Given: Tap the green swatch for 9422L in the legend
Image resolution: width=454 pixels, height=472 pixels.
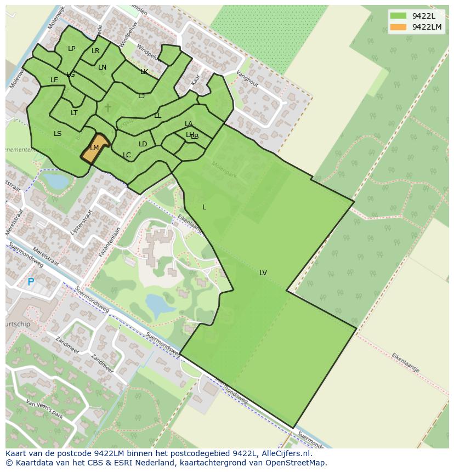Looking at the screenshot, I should coord(398,16).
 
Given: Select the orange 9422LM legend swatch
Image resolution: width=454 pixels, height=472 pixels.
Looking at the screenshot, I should coord(398,27).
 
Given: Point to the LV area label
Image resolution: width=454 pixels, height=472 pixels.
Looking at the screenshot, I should coord(263,273).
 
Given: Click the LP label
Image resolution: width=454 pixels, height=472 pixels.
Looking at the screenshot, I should coord(72,49).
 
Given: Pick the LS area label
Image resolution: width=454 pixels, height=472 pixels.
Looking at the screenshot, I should coord(58,133).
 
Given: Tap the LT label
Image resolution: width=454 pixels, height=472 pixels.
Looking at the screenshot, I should coord(74,113).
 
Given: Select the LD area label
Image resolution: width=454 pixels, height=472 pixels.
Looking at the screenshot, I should coord(143,144).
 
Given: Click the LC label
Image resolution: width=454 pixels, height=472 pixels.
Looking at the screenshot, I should coord(127,155).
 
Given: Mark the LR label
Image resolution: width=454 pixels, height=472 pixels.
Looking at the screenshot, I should coord(95,51).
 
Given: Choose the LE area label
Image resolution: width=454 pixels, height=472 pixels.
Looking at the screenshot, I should coord(54,80).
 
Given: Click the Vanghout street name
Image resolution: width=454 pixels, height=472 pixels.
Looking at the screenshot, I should coord(247,79).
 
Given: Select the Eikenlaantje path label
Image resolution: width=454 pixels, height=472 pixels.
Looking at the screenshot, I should coord(405,363).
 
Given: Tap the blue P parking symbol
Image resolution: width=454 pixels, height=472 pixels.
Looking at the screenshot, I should coord(31,282).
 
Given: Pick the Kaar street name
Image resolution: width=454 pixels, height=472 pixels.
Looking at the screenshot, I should coord(196,79).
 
